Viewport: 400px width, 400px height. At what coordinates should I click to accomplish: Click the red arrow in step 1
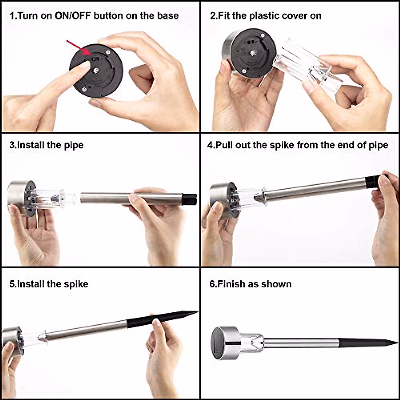pos(79,48)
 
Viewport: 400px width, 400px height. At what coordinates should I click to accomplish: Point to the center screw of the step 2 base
pos(253,53)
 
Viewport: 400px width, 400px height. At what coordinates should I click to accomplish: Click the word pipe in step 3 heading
pos(74,146)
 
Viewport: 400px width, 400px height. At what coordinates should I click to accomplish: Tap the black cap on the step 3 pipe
pos(189,199)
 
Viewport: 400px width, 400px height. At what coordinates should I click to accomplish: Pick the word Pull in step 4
pos(224,145)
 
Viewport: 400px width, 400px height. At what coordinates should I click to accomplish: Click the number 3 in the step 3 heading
pos(12,145)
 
